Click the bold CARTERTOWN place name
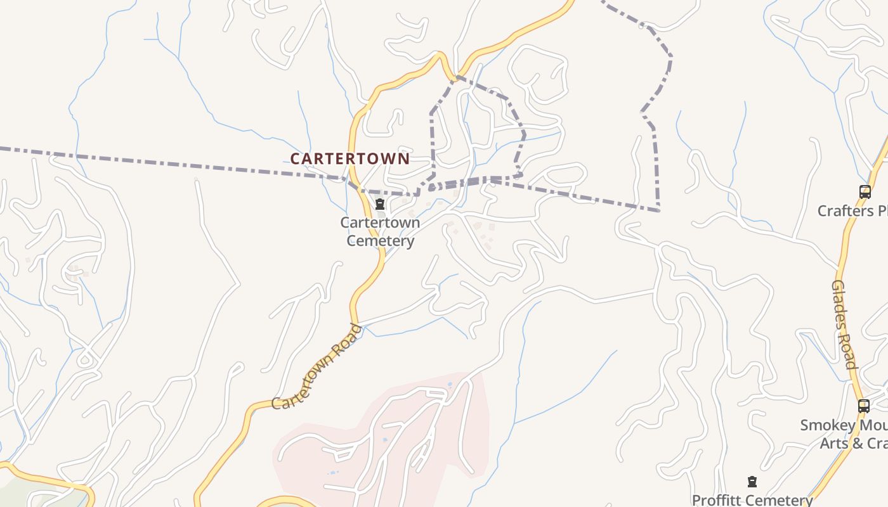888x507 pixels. click(x=350, y=158)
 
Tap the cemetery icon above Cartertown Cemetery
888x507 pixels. click(x=380, y=204)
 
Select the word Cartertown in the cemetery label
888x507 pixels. click(x=380, y=222)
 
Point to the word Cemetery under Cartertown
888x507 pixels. click(x=380, y=241)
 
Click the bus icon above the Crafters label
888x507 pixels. click(x=865, y=191)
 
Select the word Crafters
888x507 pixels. click(x=845, y=210)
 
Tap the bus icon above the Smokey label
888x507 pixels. click(x=863, y=406)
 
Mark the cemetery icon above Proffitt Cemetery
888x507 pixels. click(x=752, y=482)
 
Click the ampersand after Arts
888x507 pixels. click(x=857, y=442)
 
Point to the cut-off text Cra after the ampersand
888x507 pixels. click(x=877, y=442)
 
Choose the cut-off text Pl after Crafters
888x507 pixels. click(x=882, y=210)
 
